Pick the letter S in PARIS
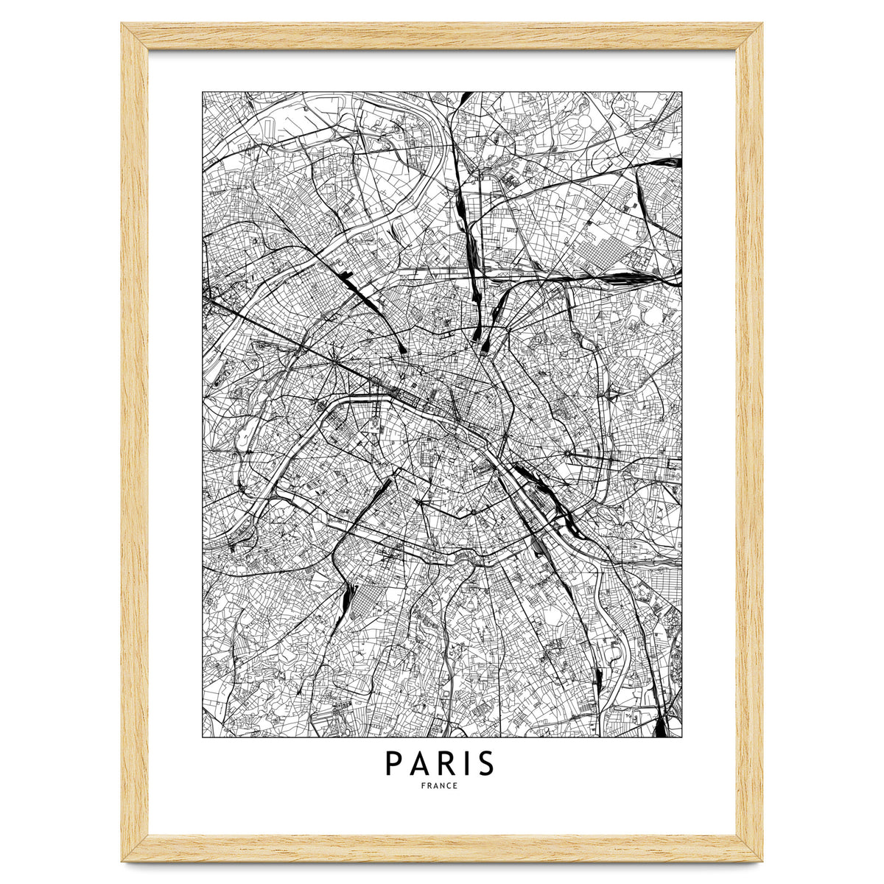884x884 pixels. point(485,764)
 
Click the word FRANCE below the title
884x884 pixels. point(440,786)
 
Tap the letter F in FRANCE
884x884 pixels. point(424,786)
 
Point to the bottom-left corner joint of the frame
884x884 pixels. point(134,847)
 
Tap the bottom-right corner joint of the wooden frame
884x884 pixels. point(749,847)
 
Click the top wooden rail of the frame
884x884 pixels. point(442,35)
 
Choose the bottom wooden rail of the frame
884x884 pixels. point(442,848)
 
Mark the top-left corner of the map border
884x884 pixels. point(203,92)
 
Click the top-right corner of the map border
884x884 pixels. point(681,92)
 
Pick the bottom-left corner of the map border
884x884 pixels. point(203,737)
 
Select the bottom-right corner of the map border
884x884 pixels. point(681,737)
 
